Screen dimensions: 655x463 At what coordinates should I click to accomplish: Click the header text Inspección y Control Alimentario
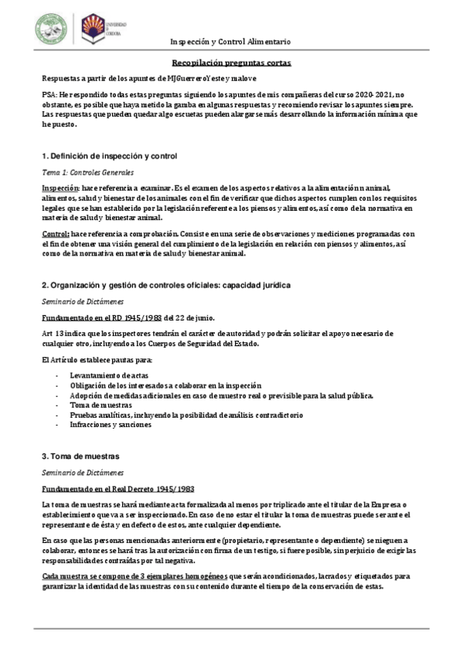click(x=230, y=40)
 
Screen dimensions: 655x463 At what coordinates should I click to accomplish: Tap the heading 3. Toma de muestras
click(x=81, y=456)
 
